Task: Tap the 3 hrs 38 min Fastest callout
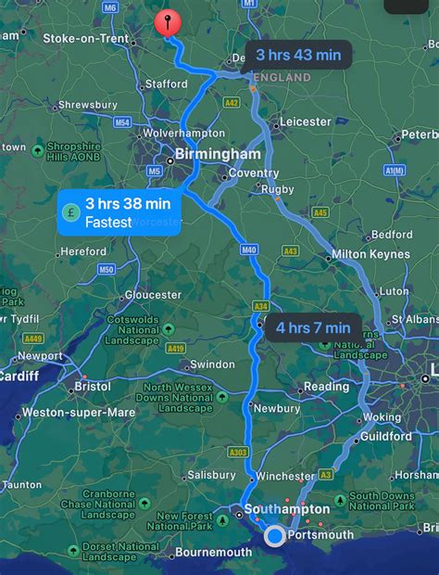(x=119, y=212)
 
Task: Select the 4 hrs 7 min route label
(x=312, y=326)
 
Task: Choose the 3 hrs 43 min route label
(x=298, y=56)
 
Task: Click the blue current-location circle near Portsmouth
(x=275, y=536)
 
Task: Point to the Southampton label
(x=287, y=509)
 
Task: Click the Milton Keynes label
(x=370, y=255)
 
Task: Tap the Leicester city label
(x=305, y=121)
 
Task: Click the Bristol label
(x=93, y=385)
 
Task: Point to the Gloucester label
(x=154, y=295)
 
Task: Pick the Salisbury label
(x=212, y=475)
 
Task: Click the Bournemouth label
(x=214, y=553)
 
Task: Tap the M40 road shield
(x=247, y=249)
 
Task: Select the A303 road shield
(x=237, y=452)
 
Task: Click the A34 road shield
(x=262, y=305)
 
